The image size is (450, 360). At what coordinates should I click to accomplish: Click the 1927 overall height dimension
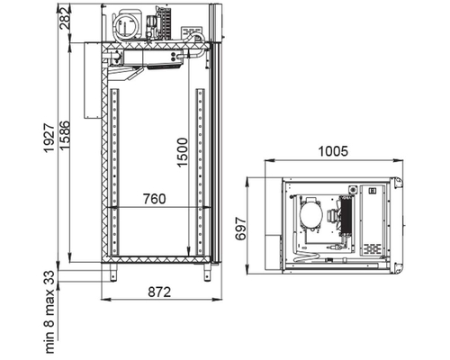(49, 138)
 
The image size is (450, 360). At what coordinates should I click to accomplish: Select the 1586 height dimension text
(65, 135)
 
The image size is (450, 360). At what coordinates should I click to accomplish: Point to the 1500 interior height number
(182, 152)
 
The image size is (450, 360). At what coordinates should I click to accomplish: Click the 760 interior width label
(154, 199)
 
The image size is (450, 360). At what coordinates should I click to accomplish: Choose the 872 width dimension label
(159, 292)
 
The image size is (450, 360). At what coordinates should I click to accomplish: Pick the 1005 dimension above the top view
(333, 151)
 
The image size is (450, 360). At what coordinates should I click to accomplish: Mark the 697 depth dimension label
(240, 229)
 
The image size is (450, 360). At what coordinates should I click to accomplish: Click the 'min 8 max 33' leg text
(49, 311)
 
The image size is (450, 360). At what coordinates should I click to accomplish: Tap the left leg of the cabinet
(113, 273)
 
